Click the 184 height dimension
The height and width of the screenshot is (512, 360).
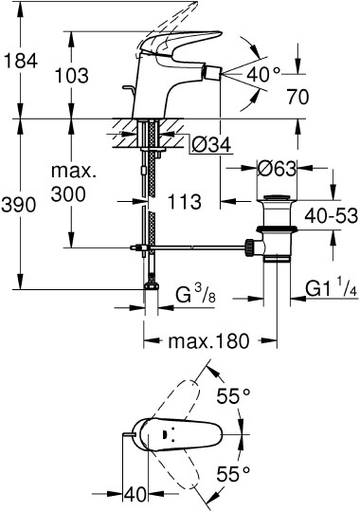pyautogui.click(x=21, y=62)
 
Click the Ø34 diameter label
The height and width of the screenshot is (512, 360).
pyautogui.click(x=211, y=145)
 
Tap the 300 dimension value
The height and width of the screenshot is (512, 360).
pyautogui.click(x=69, y=193)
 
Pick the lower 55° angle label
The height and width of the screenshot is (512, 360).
pyautogui.click(x=231, y=471)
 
